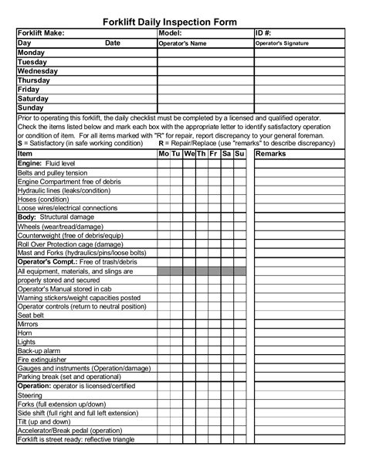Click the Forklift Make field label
(x=42, y=34)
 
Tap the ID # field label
(x=264, y=34)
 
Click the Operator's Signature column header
(x=282, y=43)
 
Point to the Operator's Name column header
(x=182, y=43)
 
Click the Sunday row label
(x=31, y=107)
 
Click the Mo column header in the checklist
(x=164, y=155)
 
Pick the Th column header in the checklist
(x=202, y=155)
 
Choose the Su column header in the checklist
(x=239, y=155)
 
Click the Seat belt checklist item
(x=31, y=315)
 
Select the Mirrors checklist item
(x=27, y=325)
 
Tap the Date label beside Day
(x=113, y=43)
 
